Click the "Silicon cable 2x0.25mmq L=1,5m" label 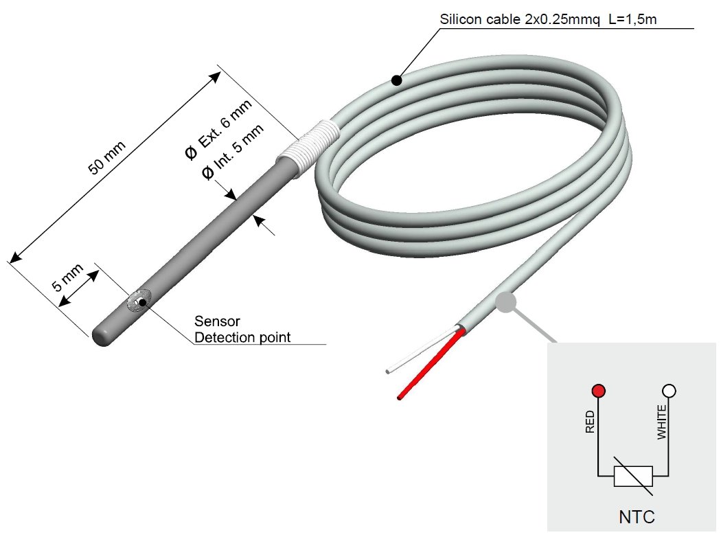pyautogui.click(x=548, y=19)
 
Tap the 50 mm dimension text pyautogui.click(x=106, y=158)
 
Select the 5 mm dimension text pyautogui.click(x=67, y=277)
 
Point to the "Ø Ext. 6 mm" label pyautogui.click(x=218, y=130)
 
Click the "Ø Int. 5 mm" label pyautogui.click(x=233, y=152)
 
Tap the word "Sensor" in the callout pyautogui.click(x=217, y=321)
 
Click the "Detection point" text pyautogui.click(x=242, y=337)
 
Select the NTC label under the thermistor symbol pyautogui.click(x=637, y=517)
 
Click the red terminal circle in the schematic pyautogui.click(x=598, y=391)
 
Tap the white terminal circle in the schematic pyautogui.click(x=669, y=391)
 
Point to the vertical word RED pyautogui.click(x=590, y=422)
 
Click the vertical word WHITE pyautogui.click(x=661, y=422)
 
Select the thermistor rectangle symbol pyautogui.click(x=633, y=477)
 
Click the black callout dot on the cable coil pyautogui.click(x=397, y=80)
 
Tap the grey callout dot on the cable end pyautogui.click(x=505, y=302)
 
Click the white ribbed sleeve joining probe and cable pyautogui.click(x=308, y=148)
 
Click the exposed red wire pyautogui.click(x=431, y=363)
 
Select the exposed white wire pyautogui.click(x=421, y=350)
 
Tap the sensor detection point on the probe pyautogui.click(x=143, y=302)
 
